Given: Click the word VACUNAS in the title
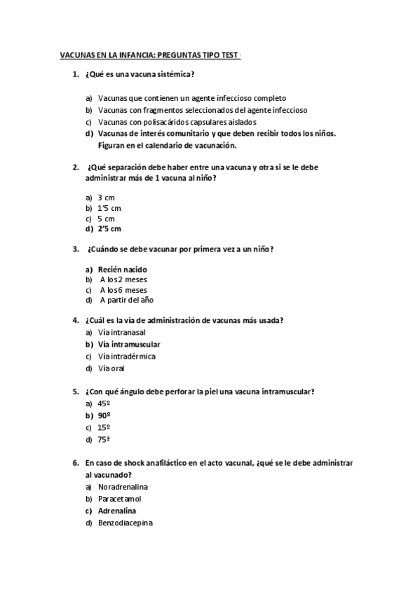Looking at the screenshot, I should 76,55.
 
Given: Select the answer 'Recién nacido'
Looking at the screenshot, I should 123,269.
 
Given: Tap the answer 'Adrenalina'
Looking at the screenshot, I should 117,511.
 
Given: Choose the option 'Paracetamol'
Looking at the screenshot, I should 120,499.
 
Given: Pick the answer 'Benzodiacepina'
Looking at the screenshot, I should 126,523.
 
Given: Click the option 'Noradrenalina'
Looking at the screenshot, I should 123,487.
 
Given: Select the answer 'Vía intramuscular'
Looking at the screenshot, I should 129,344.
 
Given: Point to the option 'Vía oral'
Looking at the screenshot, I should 111,368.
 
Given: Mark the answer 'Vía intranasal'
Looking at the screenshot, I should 123,332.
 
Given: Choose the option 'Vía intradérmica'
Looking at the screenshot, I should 127,356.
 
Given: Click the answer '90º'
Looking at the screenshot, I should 104,415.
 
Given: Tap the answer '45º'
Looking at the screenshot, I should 104,403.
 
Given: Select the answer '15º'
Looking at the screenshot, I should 104,427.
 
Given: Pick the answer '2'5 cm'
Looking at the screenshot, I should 109,228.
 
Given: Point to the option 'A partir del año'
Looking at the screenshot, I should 126,300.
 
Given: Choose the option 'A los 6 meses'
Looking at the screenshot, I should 123,290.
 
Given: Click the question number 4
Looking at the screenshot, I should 75,320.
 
